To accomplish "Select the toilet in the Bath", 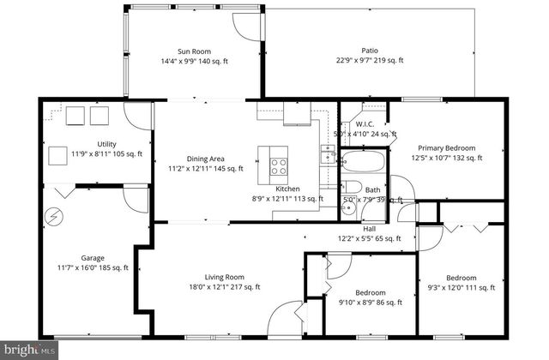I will pyautogui.click(x=353, y=189).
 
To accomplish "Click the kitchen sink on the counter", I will pyautogui.click(x=328, y=155).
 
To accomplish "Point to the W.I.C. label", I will pyautogui.click(x=364, y=123).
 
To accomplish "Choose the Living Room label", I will pyautogui.click(x=225, y=277).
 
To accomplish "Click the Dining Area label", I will pyautogui.click(x=206, y=158).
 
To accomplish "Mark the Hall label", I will pyautogui.click(x=369, y=229).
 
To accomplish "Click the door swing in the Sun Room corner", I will pyautogui.click(x=245, y=26).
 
